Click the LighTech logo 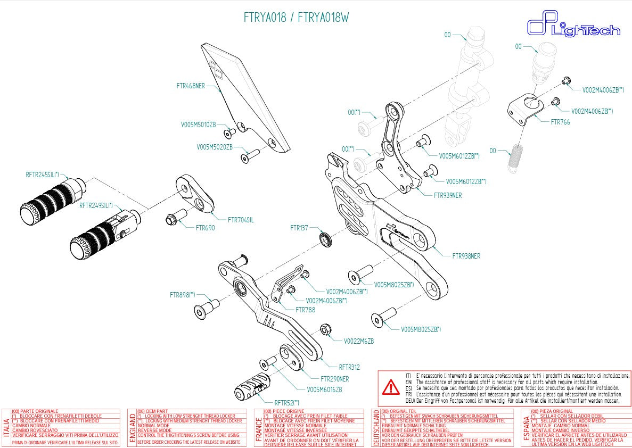coord(573,28)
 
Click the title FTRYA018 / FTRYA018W coord(296,18)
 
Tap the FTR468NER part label coord(191,85)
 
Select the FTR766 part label coord(560,122)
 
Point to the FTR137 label coord(299,228)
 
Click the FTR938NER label coord(466,256)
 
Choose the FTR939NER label coord(448,195)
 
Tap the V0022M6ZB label coord(358,341)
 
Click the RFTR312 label coord(349,367)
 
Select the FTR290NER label coord(334,379)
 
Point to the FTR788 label coord(305,310)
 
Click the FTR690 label coord(205,228)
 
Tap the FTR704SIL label coord(241,219)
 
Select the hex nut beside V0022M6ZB coord(326,330)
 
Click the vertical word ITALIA coord(6,428)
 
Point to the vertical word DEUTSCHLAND coord(375,428)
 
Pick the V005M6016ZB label coord(324,389)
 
